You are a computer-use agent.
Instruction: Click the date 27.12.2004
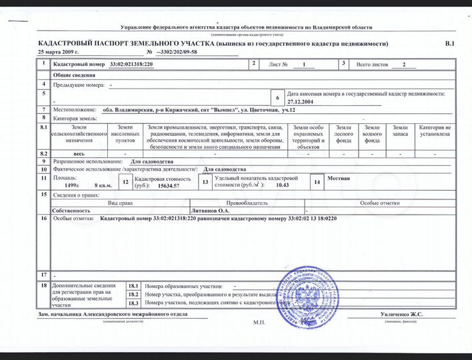tap(301, 102)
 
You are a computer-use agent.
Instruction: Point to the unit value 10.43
tap(282, 185)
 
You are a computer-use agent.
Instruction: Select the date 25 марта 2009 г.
tap(59, 51)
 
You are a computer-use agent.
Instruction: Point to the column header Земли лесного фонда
tap(344, 134)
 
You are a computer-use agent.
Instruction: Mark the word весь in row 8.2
tap(79, 153)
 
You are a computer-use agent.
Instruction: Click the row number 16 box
tap(43, 218)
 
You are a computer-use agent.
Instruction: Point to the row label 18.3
tap(133, 303)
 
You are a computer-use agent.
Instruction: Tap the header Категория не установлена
tap(435, 130)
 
